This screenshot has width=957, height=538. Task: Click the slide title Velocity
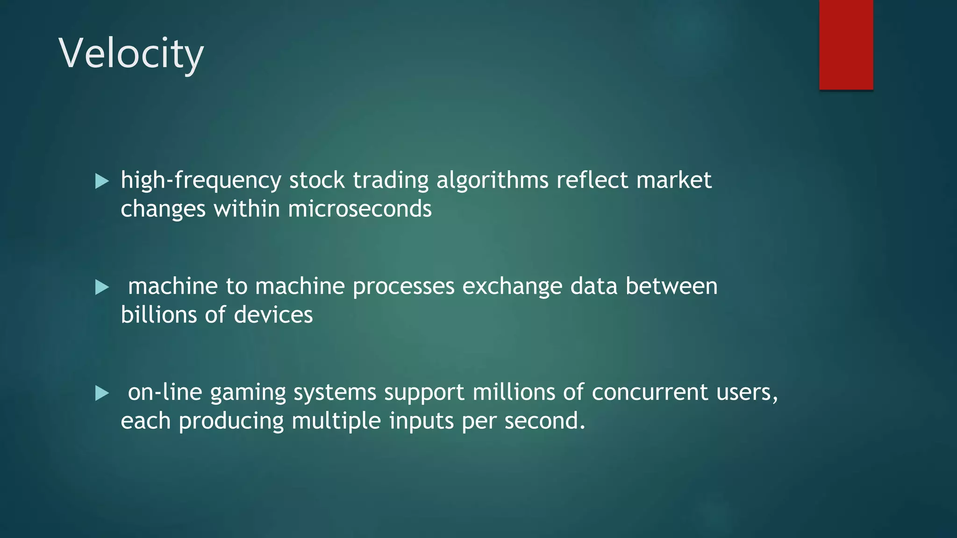(x=131, y=54)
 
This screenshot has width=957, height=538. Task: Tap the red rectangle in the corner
(x=846, y=44)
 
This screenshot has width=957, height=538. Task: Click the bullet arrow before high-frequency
(x=102, y=181)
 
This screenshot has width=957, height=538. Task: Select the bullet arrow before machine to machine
(x=102, y=287)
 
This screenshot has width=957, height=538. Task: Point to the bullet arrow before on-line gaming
(x=102, y=393)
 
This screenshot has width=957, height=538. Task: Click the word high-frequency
(x=201, y=181)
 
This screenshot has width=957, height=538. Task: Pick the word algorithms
(x=492, y=181)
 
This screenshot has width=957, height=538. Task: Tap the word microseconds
(x=360, y=209)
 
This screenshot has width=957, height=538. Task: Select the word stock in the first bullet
(x=317, y=181)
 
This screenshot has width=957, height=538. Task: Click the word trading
(x=390, y=181)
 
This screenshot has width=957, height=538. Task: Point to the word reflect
(x=592, y=181)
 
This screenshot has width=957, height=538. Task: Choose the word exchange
(x=512, y=287)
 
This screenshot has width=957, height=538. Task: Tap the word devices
(x=273, y=315)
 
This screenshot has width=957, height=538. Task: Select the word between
(x=671, y=287)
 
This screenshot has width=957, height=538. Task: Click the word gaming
(x=248, y=393)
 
